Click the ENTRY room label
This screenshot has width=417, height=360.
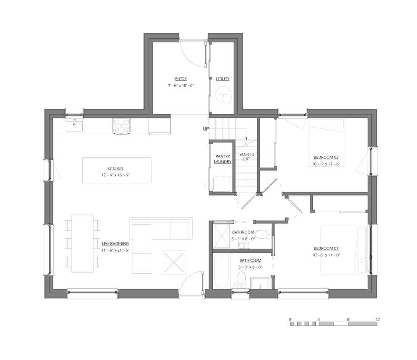181,79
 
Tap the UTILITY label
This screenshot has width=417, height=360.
222,79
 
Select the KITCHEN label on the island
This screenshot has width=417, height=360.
116,168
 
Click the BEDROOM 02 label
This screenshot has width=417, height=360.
326,157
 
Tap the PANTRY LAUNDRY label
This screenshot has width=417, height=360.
223,159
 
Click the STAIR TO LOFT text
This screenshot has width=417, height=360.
246,157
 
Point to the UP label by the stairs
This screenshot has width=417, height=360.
206,129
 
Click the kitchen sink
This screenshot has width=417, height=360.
75,124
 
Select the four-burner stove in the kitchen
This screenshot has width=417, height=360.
121,125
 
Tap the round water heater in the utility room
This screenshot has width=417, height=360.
226,95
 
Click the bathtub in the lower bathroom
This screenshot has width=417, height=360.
221,271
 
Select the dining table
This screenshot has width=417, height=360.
83,243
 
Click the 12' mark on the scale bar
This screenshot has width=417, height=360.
377,319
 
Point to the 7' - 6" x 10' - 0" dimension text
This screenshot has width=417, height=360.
181,85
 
